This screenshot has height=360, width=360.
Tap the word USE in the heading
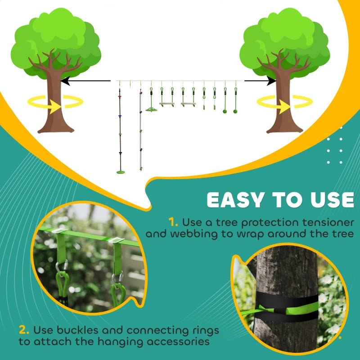click(x=329, y=201)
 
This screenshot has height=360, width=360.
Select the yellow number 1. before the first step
click(x=174, y=222)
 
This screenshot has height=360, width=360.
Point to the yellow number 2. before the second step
click(x=25, y=330)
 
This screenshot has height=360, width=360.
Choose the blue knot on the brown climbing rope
click(x=120, y=116)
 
